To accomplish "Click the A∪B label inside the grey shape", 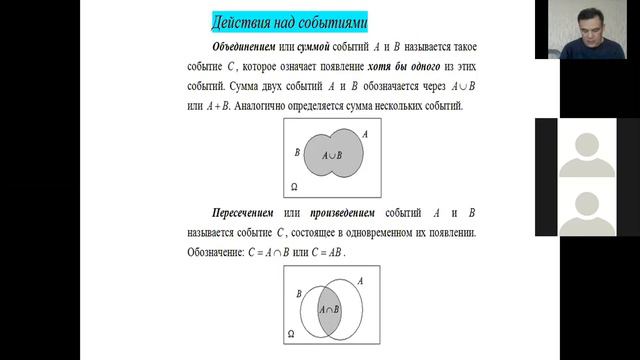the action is click(x=330, y=156).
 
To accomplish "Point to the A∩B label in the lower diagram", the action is click(x=329, y=310).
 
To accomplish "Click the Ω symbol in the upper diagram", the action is click(x=293, y=187).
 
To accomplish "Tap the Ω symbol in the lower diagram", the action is click(x=290, y=333).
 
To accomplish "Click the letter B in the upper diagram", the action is click(x=297, y=152).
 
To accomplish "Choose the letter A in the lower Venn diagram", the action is click(x=360, y=283).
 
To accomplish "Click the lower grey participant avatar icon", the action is click(x=584, y=212).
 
